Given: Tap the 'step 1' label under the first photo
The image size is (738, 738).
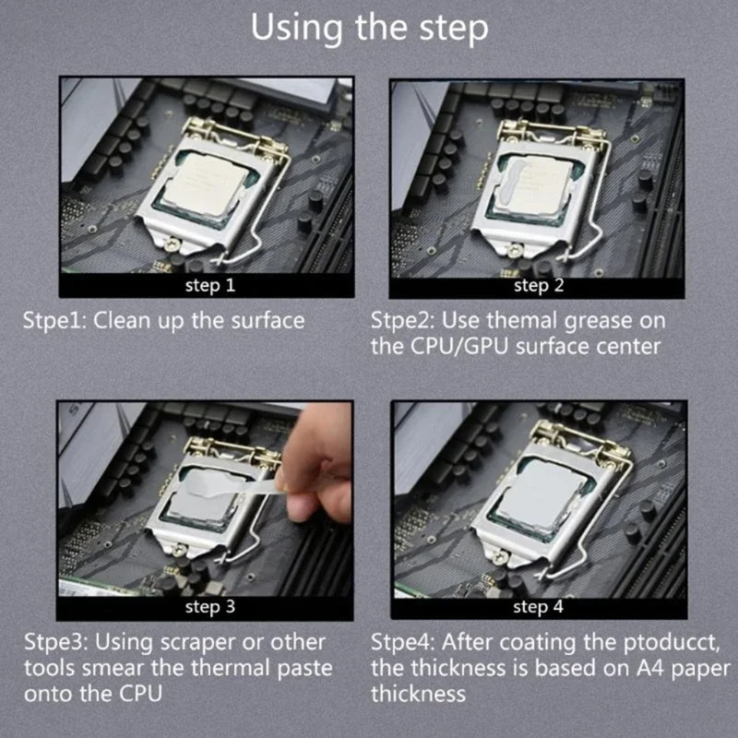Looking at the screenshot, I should click(x=209, y=285).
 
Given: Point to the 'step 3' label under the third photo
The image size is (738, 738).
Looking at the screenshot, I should click(x=209, y=607).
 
